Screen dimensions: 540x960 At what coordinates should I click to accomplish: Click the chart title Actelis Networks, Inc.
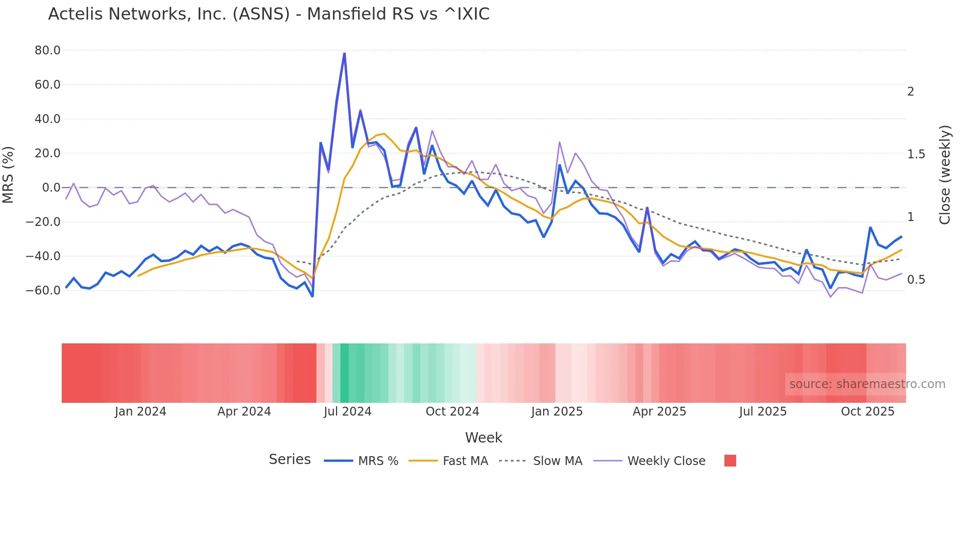[x=268, y=14]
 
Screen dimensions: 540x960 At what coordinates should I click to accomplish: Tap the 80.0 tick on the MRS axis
[x=48, y=50]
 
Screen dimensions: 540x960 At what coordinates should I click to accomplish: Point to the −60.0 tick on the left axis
[x=43, y=291]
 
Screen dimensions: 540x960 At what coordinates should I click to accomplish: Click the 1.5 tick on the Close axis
[x=916, y=154]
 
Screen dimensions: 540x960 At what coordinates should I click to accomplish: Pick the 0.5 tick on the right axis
[x=916, y=280]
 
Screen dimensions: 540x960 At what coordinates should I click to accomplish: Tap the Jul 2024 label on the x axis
[x=347, y=412]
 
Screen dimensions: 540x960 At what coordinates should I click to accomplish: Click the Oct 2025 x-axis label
[x=867, y=412]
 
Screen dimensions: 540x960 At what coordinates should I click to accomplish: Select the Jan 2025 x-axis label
[x=557, y=412]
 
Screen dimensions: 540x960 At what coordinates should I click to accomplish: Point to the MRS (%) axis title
[x=8, y=175]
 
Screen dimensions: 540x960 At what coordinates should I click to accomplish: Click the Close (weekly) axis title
[x=945, y=175]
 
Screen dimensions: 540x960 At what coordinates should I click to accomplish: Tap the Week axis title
[x=483, y=438]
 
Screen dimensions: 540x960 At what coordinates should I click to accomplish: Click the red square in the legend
[x=730, y=461]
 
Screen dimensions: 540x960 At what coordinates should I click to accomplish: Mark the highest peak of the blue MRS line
[x=344, y=53]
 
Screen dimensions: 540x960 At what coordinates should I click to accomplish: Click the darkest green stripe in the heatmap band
[x=344, y=373]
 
